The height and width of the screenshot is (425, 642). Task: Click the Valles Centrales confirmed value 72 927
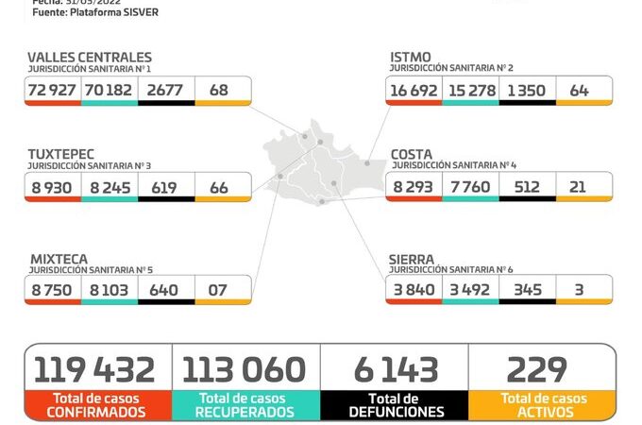pyautogui.click(x=53, y=90)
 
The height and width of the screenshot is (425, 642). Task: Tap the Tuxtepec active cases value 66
pyautogui.click(x=219, y=187)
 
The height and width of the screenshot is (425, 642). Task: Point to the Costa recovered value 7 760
pyautogui.click(x=470, y=187)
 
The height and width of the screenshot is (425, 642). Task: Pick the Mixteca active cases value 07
pyautogui.click(x=218, y=289)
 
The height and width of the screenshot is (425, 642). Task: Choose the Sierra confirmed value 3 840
pyautogui.click(x=414, y=289)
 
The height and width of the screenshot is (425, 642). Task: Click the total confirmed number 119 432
pyautogui.click(x=97, y=369)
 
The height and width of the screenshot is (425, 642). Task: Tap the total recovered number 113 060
pyautogui.click(x=245, y=369)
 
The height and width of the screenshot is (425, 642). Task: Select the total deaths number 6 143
pyautogui.click(x=395, y=369)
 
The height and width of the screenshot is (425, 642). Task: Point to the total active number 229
pyautogui.click(x=537, y=369)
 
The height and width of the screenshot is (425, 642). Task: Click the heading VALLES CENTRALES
pyautogui.click(x=90, y=58)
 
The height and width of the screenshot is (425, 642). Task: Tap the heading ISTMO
pyautogui.click(x=412, y=58)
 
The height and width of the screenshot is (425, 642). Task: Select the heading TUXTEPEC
pyautogui.click(x=61, y=153)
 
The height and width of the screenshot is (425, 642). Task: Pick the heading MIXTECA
pyautogui.click(x=58, y=258)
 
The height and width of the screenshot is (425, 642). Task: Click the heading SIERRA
pyautogui.click(x=412, y=258)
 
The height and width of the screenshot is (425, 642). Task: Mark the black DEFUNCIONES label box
pyautogui.click(x=395, y=405)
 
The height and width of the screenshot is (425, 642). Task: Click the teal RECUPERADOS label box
pyautogui.click(x=245, y=405)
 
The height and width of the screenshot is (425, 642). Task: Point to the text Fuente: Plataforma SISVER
pyautogui.click(x=95, y=13)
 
